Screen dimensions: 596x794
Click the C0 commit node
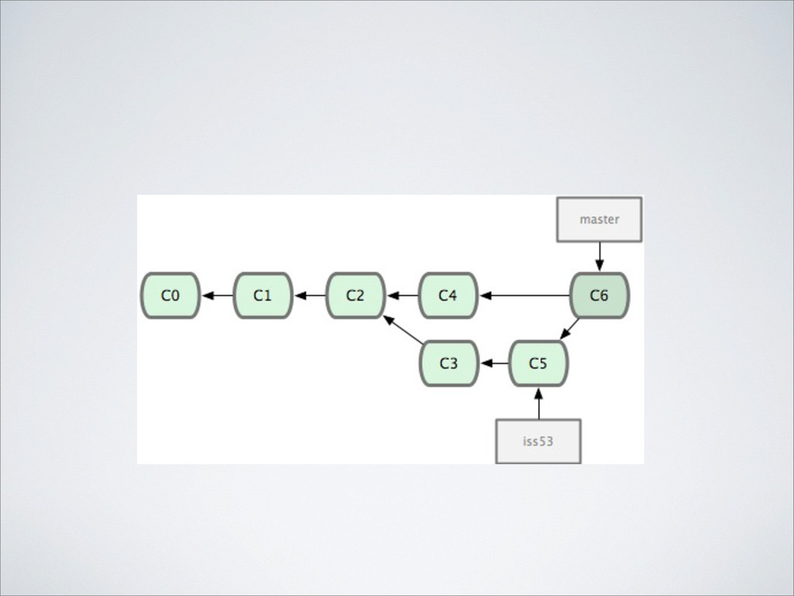pyautogui.click(x=170, y=296)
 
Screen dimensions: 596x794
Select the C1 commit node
pyautogui.click(x=263, y=296)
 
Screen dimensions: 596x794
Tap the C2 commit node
pyautogui.click(x=355, y=296)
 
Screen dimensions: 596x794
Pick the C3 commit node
pyautogui.click(x=448, y=363)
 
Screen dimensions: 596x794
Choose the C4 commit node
pyautogui.click(x=447, y=296)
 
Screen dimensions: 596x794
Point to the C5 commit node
pyautogui.click(x=538, y=363)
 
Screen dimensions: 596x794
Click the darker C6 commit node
pyautogui.click(x=599, y=296)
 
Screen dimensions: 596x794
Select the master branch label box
pyautogui.click(x=599, y=220)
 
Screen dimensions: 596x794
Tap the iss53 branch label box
pyautogui.click(x=538, y=442)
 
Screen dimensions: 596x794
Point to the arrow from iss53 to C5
pyautogui.click(x=538, y=404)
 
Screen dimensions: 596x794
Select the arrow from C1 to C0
pyautogui.click(x=217, y=296)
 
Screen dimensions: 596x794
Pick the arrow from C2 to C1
pyautogui.click(x=309, y=296)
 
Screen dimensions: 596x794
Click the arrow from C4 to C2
pyautogui.click(x=402, y=296)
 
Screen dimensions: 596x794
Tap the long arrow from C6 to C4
pyautogui.click(x=524, y=296)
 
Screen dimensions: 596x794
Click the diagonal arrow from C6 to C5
pyautogui.click(x=570, y=328)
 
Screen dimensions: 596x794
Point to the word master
pyautogui.click(x=599, y=220)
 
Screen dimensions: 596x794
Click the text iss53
pyautogui.click(x=538, y=442)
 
